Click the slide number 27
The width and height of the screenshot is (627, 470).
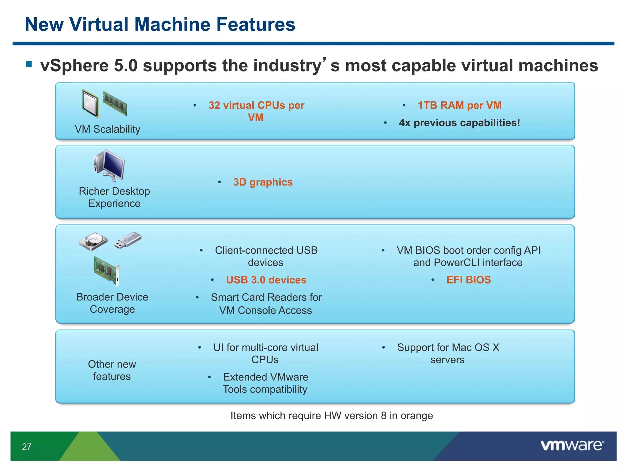pos(27,447)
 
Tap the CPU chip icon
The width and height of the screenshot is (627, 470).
pos(90,103)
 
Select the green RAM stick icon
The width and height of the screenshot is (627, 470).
pos(115,103)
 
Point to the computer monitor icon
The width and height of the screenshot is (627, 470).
pos(110,166)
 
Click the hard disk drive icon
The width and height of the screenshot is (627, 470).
pos(93,241)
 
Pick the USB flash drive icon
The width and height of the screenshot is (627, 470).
pos(128,240)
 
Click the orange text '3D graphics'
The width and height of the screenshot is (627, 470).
pos(263,182)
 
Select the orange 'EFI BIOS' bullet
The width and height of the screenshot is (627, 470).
pos(468,280)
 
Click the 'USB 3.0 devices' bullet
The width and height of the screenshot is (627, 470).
pos(266,280)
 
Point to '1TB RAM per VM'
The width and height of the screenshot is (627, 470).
pos(459,105)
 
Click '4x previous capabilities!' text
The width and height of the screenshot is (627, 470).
pos(459,123)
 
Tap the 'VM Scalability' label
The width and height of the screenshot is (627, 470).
pos(107,129)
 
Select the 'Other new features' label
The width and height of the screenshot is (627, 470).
pos(112,370)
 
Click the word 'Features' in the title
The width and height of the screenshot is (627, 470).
pos(256,24)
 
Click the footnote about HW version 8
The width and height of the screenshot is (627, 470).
pos(332,416)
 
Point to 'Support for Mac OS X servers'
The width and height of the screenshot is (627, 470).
pos(448,353)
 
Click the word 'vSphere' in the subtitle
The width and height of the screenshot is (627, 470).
pos(74,65)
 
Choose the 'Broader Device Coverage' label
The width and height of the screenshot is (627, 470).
pos(112,303)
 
